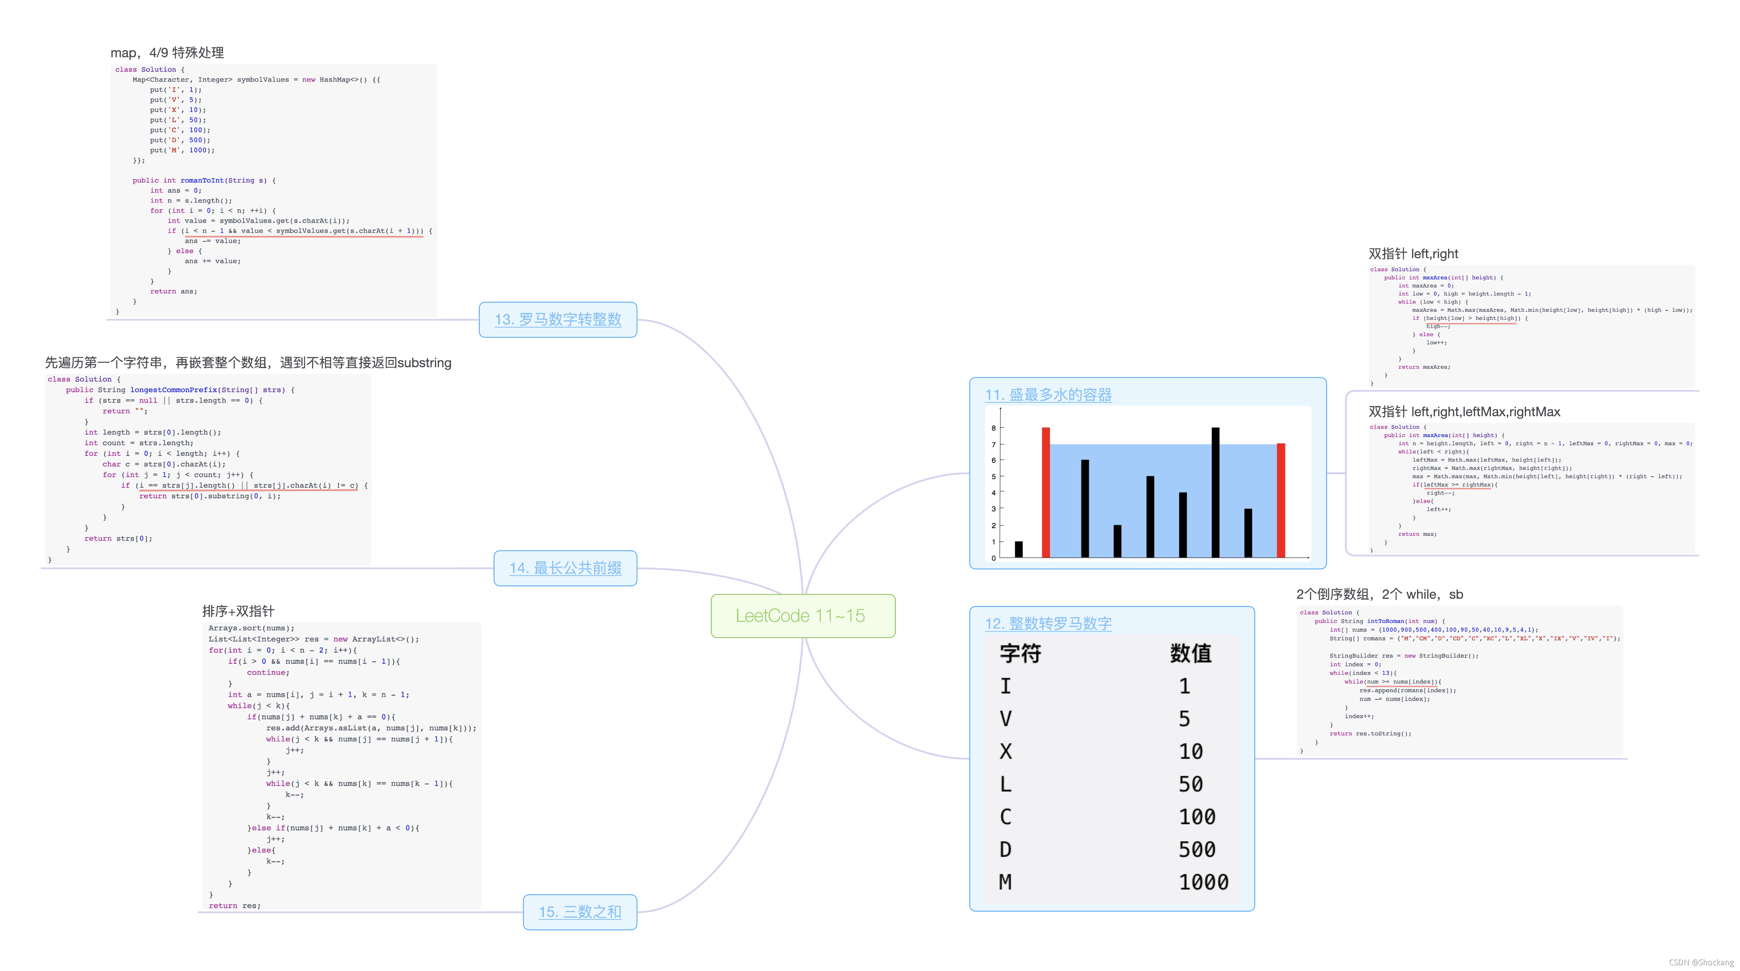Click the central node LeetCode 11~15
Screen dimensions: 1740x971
[802, 616]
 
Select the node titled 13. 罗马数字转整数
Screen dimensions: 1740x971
[557, 319]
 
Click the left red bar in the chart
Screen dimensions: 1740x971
[1046, 492]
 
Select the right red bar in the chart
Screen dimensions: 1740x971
[1281, 500]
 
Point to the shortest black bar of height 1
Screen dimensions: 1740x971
[1018, 549]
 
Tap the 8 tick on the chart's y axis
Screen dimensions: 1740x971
[994, 428]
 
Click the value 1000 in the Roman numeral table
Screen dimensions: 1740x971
[1203, 882]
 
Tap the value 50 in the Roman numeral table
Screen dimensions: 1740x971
[1190, 784]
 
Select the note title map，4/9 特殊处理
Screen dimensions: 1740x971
[167, 53]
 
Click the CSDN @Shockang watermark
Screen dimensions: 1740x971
[1701, 962]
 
